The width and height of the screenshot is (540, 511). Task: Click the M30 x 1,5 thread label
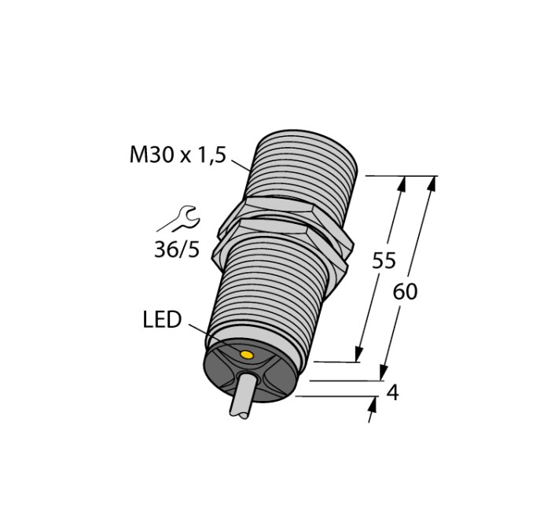coord(177,155)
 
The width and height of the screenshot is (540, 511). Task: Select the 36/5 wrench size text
coord(176,249)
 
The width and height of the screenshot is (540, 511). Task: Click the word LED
coord(162,320)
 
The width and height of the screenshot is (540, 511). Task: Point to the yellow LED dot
coord(248,356)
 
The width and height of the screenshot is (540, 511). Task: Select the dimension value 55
coord(384,262)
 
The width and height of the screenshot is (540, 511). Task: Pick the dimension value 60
coord(405,292)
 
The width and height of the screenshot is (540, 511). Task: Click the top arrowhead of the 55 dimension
coord(403,184)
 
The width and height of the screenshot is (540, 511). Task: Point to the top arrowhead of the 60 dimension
coord(432,184)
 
